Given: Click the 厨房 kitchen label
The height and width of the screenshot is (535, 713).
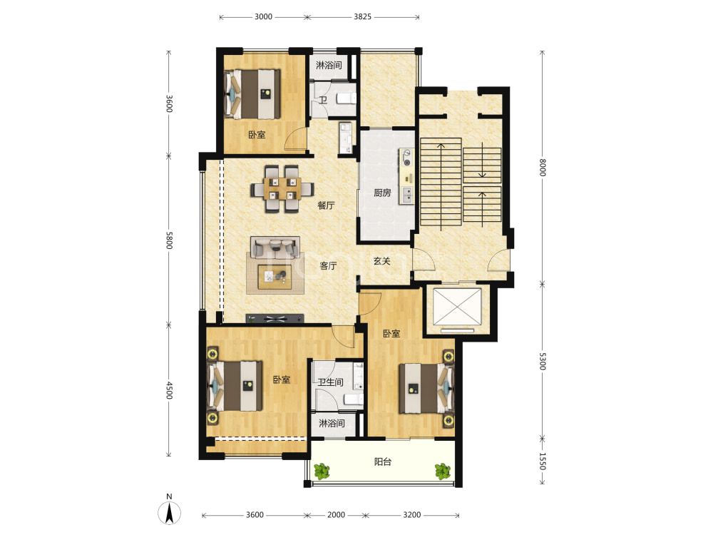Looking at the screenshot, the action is coord(382,193).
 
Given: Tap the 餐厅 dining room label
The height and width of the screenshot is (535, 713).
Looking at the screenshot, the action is coord(326,205).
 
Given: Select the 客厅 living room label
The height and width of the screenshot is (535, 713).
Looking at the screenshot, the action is coord(328,265).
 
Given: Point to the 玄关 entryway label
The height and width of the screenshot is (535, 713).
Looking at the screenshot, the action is coord(382,261).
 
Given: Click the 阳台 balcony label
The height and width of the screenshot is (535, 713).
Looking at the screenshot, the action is coord(382,462).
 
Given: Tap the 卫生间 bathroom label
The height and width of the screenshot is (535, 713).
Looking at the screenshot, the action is coord(331,382).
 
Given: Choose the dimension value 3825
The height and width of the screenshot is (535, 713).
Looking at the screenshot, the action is coord(362,17).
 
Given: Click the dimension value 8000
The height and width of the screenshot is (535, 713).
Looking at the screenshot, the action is coord(542,168).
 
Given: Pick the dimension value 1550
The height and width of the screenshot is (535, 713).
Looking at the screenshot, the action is coord(542,461).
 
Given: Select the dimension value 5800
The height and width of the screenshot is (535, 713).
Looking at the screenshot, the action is coord(169,240).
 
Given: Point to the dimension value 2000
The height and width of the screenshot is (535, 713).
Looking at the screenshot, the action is coord(336,514).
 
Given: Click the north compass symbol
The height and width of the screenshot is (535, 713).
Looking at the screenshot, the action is coord(169,511).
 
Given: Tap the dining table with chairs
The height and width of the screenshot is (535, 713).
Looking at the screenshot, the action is coord(282,189).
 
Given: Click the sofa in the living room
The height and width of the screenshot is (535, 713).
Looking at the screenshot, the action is coord(275,248).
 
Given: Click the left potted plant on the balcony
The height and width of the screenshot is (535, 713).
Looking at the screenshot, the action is coord(322,472).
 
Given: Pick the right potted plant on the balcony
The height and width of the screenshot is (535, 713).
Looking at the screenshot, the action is coord(443,472).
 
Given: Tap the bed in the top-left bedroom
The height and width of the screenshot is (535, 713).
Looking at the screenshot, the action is coord(252,94).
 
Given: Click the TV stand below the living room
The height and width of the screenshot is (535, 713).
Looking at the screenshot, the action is coord(275,318).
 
